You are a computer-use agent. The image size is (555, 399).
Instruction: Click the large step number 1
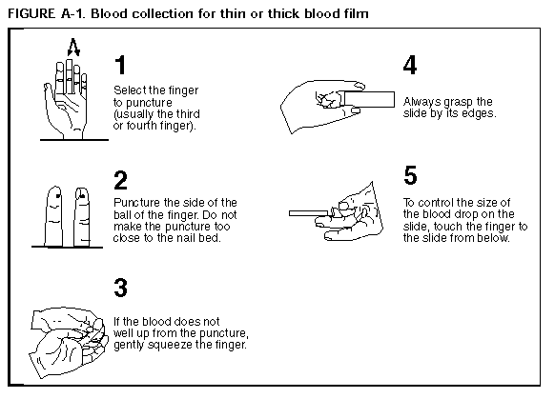[x=121, y=65]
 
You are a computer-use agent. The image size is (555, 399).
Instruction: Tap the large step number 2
[x=121, y=180]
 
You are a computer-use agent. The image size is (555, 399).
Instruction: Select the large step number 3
[x=121, y=288]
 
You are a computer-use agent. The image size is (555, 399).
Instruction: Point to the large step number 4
[x=410, y=65]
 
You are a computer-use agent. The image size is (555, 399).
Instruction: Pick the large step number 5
[x=411, y=175]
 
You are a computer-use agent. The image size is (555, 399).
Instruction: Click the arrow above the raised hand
[x=73, y=47]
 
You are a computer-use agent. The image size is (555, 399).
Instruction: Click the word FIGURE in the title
[x=31, y=13]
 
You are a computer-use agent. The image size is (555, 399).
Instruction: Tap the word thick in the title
[x=283, y=13]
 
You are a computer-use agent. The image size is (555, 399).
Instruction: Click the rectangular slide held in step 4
[x=369, y=99]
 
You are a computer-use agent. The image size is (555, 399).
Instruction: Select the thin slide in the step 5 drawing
[x=309, y=213]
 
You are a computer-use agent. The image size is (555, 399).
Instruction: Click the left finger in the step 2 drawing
[x=53, y=216]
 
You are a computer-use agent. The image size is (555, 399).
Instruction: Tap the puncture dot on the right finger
[x=82, y=194]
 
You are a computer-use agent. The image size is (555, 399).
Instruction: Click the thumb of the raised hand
[x=49, y=92]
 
